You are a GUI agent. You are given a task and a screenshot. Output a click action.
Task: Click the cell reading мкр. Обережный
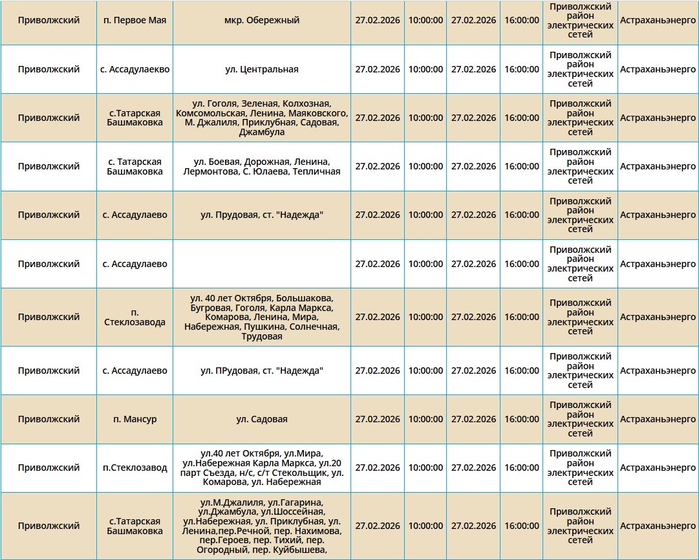point(262,20)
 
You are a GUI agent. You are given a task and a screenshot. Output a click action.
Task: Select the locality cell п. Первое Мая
point(134,20)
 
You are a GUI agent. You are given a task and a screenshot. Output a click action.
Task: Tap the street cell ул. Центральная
point(262,69)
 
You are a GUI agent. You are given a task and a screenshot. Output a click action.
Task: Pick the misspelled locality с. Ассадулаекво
point(134,69)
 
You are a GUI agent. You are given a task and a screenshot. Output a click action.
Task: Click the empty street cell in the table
point(262,264)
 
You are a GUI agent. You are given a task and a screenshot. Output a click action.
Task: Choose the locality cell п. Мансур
point(134,419)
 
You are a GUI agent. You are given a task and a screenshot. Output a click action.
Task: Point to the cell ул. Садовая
point(262,419)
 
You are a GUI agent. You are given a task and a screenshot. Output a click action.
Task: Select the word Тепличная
point(316,171)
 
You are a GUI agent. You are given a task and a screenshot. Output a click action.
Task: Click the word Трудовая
point(262,336)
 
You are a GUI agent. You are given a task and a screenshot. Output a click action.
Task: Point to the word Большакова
point(304,298)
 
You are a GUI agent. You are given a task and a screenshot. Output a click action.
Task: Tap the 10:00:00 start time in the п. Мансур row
point(425,419)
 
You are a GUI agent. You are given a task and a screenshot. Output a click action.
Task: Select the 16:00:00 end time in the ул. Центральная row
point(521,69)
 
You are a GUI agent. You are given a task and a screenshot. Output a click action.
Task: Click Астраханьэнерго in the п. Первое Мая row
point(658,20)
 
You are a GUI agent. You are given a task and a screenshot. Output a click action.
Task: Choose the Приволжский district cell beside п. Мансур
point(48,419)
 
